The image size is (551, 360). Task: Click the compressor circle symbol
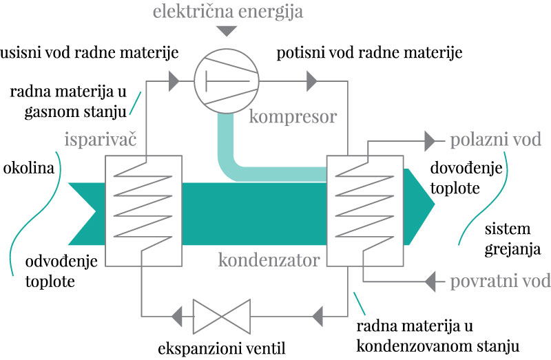(225, 82)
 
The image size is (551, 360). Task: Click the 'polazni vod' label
(495, 140)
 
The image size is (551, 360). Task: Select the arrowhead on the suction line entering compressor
(174, 82)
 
